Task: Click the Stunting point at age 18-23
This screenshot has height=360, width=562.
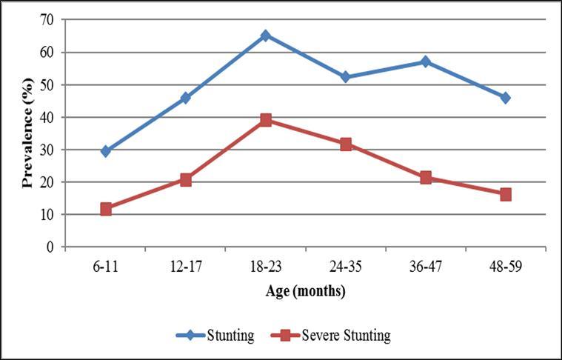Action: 266,36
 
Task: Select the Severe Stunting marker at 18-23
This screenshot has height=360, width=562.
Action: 266,120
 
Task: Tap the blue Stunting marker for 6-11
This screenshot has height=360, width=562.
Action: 106,151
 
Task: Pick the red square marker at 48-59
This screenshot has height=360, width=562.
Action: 506,194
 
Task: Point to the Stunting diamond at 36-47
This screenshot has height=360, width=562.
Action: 426,61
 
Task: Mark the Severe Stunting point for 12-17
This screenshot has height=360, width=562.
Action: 186,179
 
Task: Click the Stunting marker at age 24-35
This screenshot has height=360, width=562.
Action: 346,77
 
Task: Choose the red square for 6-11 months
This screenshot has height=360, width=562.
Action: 106,209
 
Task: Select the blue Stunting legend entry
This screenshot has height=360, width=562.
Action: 215,336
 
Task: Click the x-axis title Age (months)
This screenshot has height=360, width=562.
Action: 306,291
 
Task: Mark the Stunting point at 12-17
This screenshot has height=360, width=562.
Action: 186,98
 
